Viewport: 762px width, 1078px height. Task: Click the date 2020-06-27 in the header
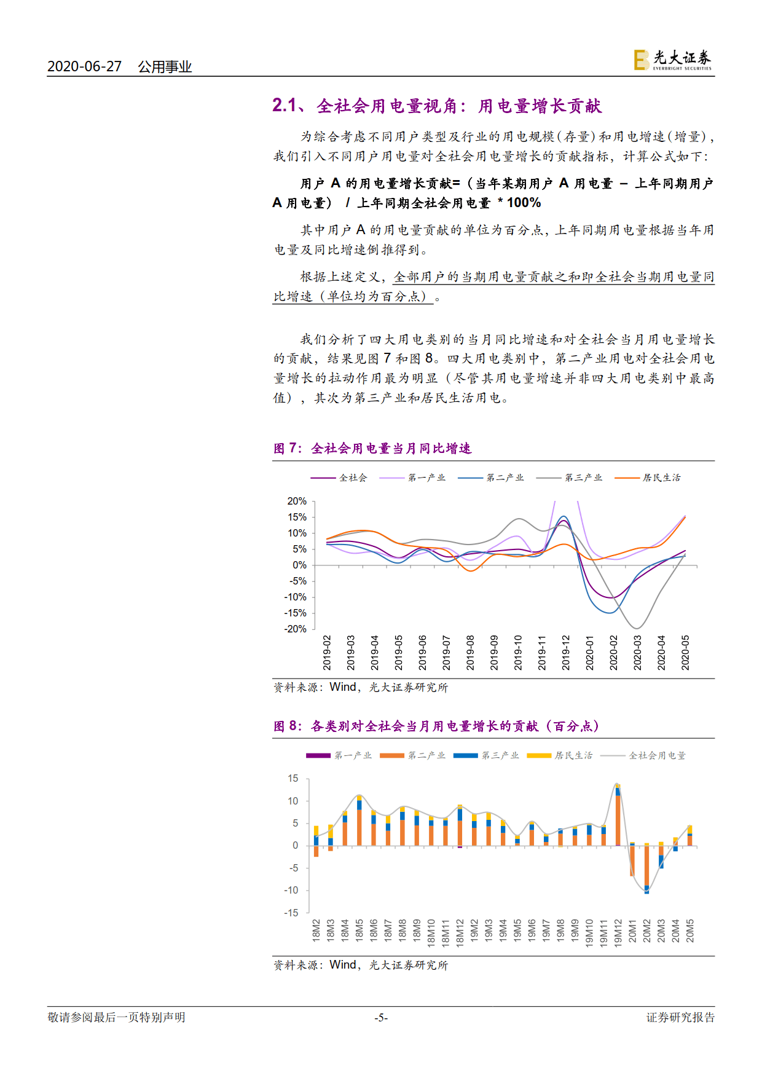(x=84, y=66)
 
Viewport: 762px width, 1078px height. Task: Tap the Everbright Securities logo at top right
(x=673, y=60)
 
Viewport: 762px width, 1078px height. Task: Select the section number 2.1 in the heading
(x=285, y=106)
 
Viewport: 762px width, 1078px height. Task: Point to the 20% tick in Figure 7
(x=297, y=502)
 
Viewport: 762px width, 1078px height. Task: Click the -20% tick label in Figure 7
(x=296, y=629)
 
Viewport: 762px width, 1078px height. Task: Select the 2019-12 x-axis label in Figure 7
(x=566, y=653)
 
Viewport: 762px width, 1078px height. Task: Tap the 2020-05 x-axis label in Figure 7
(x=685, y=653)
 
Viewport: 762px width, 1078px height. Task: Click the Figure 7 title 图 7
(x=286, y=449)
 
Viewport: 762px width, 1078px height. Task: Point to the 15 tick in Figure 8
(x=293, y=779)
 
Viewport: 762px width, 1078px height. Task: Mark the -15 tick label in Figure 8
(x=291, y=913)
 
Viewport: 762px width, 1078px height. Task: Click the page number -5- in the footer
(x=381, y=1018)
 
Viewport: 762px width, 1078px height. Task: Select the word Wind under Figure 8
(x=342, y=965)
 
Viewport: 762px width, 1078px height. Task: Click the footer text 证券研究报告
(x=680, y=1018)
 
